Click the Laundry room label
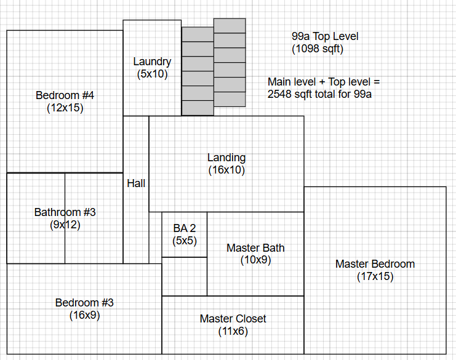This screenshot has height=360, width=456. click(152, 62)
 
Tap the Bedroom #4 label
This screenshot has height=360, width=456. click(65, 95)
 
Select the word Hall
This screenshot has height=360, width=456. click(136, 183)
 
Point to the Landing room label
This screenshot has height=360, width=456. click(226, 158)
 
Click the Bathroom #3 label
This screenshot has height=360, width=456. click(65, 212)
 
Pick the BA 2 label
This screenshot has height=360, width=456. click(185, 228)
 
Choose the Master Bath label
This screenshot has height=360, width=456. click(255, 248)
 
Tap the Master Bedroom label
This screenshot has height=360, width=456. click(375, 264)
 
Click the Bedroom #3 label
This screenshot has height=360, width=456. click(84, 303)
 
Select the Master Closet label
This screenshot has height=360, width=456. click(233, 319)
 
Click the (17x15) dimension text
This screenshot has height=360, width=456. click(375, 277)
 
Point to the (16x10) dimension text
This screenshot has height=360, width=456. click(226, 170)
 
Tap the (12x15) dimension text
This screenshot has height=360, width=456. click(65, 108)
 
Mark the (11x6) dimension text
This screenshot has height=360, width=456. click(233, 331)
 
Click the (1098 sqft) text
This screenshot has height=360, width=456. click(318, 49)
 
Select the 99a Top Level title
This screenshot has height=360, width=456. click(325, 36)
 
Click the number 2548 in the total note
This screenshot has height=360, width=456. click(281, 94)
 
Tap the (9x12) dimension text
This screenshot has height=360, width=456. click(65, 225)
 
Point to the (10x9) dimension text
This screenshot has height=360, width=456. click(255, 260)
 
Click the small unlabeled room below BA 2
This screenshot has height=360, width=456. click(184, 276)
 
